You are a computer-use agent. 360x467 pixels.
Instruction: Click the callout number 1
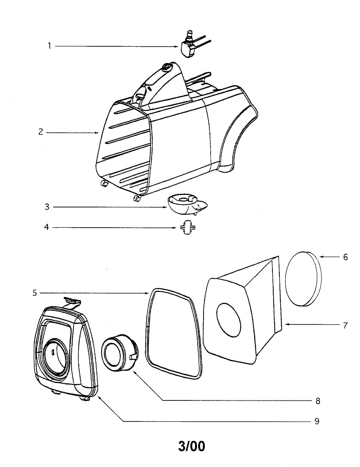pos(49,46)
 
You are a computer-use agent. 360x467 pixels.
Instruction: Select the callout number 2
pos(40,132)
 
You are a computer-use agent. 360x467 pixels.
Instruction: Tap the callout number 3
pos(47,207)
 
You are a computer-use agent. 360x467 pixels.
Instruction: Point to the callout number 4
pos(47,227)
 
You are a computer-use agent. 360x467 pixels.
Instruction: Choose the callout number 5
pos(35,293)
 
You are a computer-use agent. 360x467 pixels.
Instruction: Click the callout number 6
pos(345,257)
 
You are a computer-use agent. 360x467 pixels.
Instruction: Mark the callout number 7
pos(345,325)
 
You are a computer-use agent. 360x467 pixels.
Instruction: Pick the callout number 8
pos(318,400)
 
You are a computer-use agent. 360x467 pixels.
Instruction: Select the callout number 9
pos(317,421)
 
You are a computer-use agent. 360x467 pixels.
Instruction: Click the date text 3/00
pos(191,446)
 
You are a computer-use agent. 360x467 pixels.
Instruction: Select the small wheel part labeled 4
pos(186,227)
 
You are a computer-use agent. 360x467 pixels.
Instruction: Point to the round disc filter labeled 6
pos(303,279)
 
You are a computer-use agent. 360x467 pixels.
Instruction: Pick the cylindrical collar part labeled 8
pos(119,353)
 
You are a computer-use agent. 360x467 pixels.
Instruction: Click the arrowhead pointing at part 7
pos(286,324)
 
